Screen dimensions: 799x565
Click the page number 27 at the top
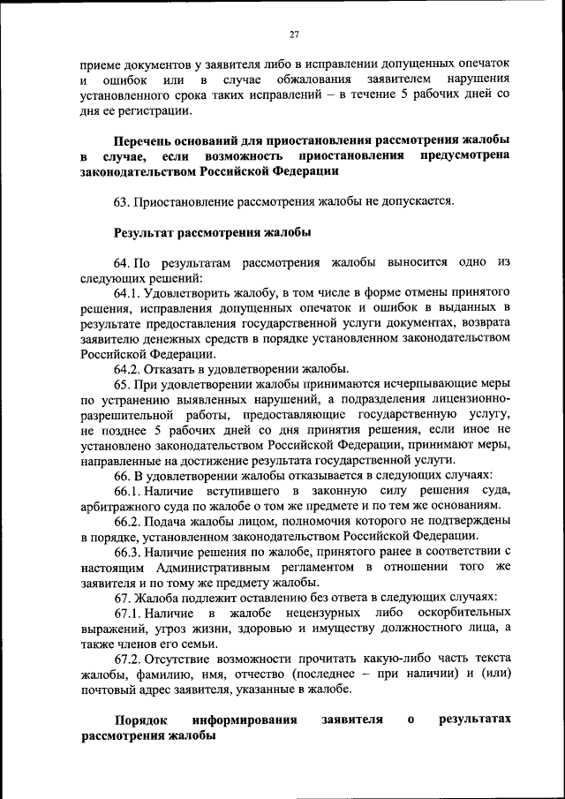[295, 34]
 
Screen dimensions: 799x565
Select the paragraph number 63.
[122, 201]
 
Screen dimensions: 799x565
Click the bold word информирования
[245, 720]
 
